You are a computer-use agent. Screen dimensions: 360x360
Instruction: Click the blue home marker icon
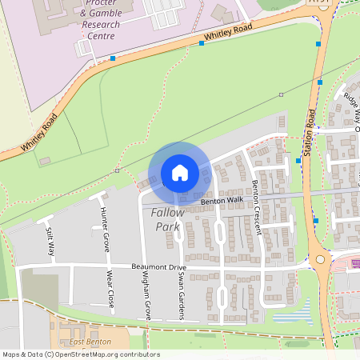tap(180, 172)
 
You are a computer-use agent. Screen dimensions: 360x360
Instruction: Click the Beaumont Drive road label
tap(158, 266)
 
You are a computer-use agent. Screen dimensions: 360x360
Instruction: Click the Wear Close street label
tap(110, 292)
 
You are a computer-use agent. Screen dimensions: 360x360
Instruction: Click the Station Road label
tap(310, 128)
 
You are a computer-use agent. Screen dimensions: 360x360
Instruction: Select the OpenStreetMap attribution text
tap(81, 354)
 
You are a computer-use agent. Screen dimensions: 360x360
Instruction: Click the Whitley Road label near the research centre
tap(228, 34)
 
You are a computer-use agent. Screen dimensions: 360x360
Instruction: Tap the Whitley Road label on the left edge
tap(39, 134)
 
